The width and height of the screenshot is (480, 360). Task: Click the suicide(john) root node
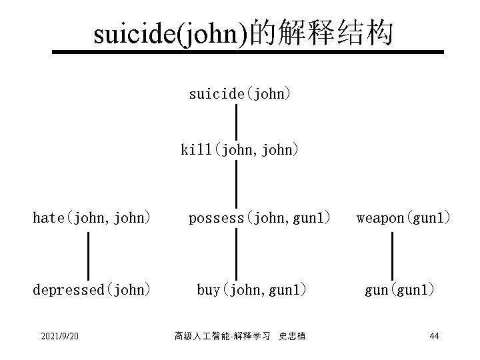click(239, 94)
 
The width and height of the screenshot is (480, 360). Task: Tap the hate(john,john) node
click(92, 217)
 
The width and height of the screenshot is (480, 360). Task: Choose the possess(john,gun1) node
click(259, 217)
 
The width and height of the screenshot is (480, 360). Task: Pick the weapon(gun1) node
click(403, 217)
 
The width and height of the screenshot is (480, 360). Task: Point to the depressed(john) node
click(92, 290)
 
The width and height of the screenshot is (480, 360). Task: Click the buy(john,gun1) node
click(252, 290)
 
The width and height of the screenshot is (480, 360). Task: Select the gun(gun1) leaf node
click(399, 290)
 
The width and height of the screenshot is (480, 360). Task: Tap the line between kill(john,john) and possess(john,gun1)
click(237, 183)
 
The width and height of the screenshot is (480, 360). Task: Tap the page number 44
click(434, 336)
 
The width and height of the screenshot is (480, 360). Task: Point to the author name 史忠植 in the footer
click(293, 337)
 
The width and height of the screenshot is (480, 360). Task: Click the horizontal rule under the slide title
click(248, 51)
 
